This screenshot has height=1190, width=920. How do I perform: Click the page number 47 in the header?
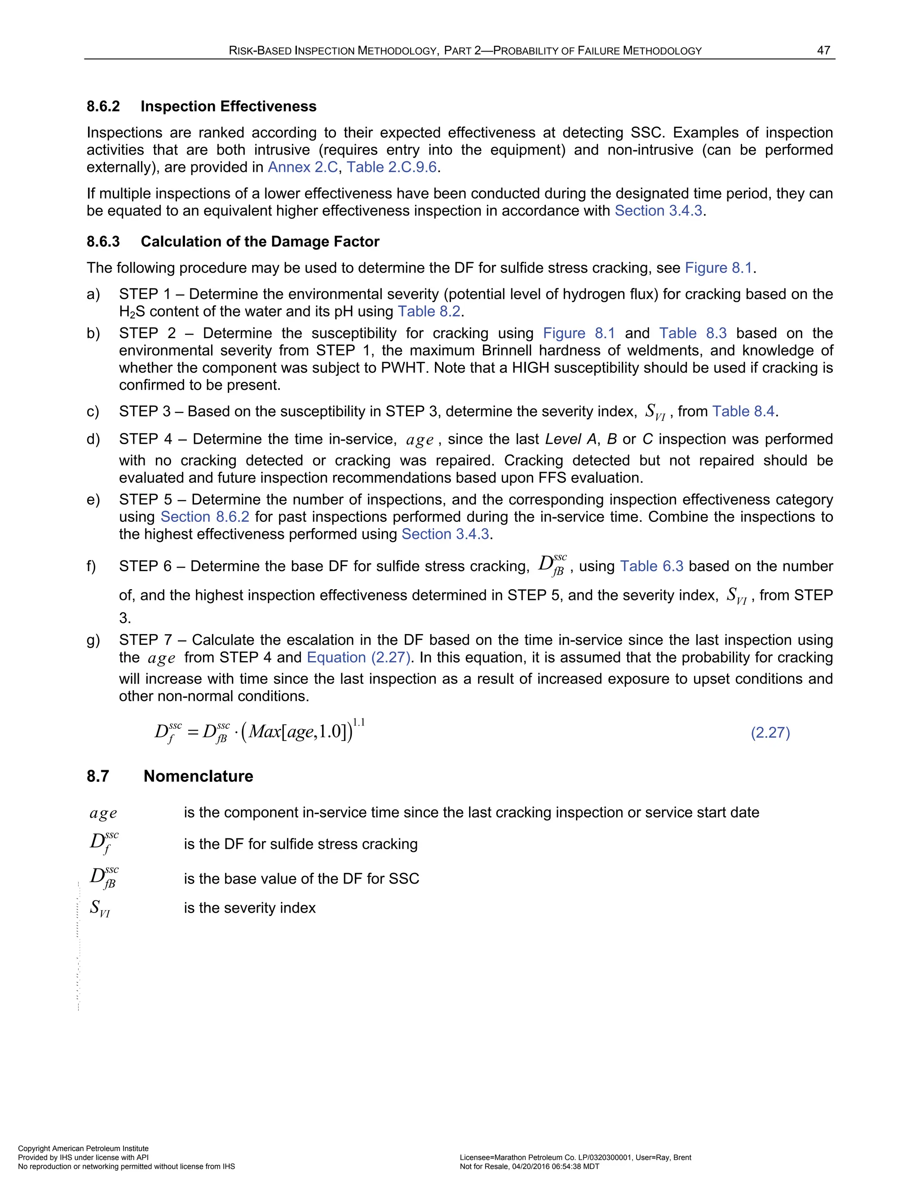823,51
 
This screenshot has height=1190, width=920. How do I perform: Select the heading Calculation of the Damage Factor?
260,242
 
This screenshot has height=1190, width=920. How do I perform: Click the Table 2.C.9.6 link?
391,167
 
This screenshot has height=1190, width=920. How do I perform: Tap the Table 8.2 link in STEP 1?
429,312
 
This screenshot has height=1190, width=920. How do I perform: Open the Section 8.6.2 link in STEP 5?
205,517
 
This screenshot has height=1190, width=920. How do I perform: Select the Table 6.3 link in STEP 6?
651,566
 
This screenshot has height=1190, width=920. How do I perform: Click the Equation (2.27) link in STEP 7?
358,658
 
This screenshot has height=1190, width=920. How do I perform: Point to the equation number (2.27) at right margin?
770,732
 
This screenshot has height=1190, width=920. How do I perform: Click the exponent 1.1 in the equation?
358,723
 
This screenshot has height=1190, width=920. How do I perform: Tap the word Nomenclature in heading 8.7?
199,776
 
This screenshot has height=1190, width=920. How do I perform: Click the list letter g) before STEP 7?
93,640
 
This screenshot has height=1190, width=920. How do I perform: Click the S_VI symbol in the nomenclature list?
100,908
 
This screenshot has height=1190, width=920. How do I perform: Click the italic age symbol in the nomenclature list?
103,814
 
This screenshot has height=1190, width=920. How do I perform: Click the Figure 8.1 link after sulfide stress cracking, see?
718,268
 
